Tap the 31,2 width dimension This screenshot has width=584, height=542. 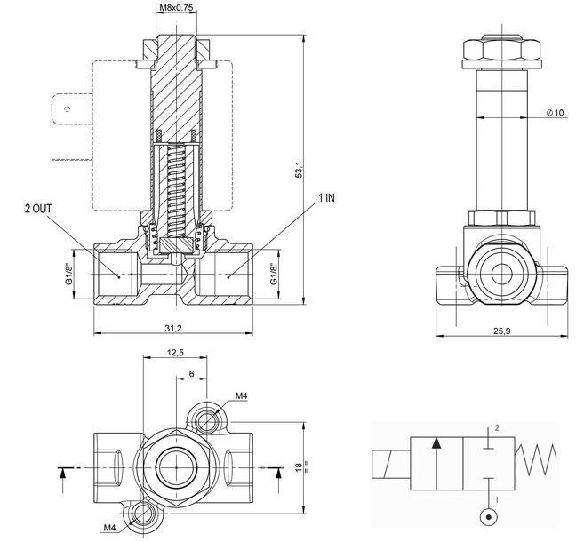point(173,328)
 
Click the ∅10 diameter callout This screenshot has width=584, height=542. point(556,112)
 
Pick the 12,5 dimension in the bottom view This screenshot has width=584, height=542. point(175,354)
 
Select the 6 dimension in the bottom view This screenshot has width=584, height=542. point(191,374)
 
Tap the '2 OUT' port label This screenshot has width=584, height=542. point(38,208)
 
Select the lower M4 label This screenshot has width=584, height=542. point(110,528)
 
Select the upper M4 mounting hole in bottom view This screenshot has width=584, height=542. point(210,418)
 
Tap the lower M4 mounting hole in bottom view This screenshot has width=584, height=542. point(140,513)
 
